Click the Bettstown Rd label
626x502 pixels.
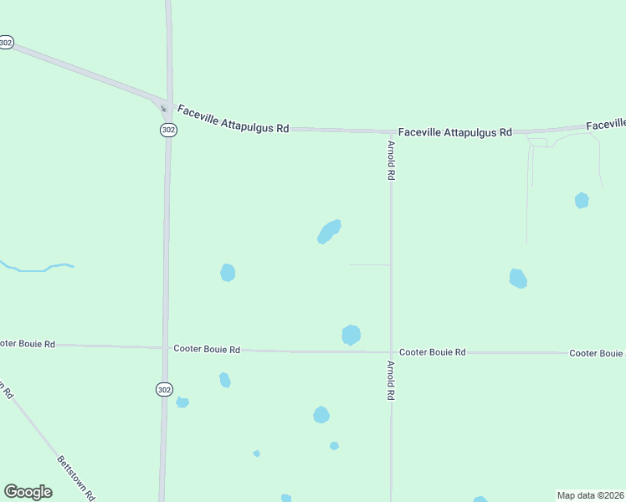coord(75,477)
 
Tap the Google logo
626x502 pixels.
coord(28,492)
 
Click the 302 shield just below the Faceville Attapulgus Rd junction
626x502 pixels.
coord(169,130)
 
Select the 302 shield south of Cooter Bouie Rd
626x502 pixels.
coord(165,389)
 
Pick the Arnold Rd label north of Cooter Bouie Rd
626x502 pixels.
coord(391,160)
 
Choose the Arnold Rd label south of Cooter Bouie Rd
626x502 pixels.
coord(391,380)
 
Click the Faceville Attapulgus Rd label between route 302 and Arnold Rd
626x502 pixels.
coord(232,122)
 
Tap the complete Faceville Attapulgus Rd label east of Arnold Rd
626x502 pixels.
coord(455,132)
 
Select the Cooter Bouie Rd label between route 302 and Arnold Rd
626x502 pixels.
coord(207,349)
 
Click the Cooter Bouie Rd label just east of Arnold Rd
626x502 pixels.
coord(432,352)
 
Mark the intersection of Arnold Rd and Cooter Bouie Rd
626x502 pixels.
coord(391,352)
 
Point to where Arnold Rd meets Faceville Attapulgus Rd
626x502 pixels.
coord(391,132)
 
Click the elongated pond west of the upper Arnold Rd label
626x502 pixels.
coord(329,231)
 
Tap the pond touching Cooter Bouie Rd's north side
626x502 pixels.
coord(351,335)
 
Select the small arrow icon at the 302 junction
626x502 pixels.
coord(163,108)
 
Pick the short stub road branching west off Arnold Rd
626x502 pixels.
coord(369,264)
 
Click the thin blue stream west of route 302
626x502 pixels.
coord(38,269)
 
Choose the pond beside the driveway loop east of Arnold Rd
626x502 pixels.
coord(582,200)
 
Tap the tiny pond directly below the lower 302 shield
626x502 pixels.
coord(182,402)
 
